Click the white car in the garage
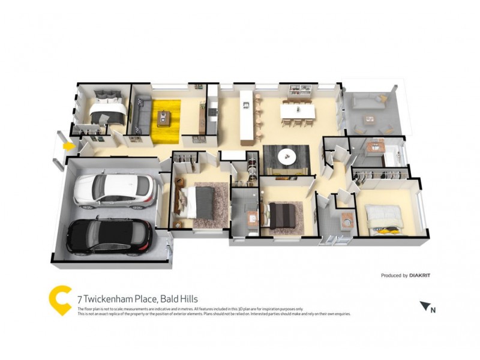coord(114,191)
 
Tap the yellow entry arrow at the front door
coord(69,145)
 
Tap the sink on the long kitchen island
coord(245,106)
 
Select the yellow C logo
coord(60,300)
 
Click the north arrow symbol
coord(428,307)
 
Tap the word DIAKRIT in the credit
coord(420,275)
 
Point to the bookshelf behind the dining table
coord(299,91)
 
